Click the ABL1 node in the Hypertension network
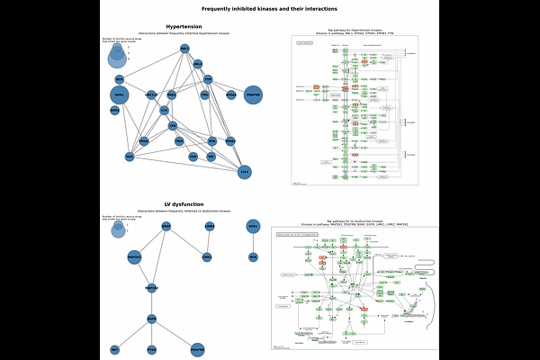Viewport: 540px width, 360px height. point(184,49)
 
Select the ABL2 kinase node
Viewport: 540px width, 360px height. point(198,64)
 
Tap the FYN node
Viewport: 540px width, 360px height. point(209,79)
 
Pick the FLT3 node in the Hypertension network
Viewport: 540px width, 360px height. point(244,171)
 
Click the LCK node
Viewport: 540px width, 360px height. point(164,111)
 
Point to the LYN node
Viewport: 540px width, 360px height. point(173,126)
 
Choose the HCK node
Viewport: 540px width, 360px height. point(130,157)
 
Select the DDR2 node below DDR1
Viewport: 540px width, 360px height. point(114,111)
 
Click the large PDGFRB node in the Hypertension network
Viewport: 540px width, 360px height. point(253,94)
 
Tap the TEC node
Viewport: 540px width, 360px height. point(211,157)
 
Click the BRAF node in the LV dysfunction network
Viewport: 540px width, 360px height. point(166,227)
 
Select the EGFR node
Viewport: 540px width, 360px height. point(152,318)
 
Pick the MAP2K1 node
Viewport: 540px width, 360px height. point(134,257)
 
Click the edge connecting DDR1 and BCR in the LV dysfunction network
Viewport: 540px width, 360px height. point(254,241)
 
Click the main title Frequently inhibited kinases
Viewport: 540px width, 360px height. point(270,8)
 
